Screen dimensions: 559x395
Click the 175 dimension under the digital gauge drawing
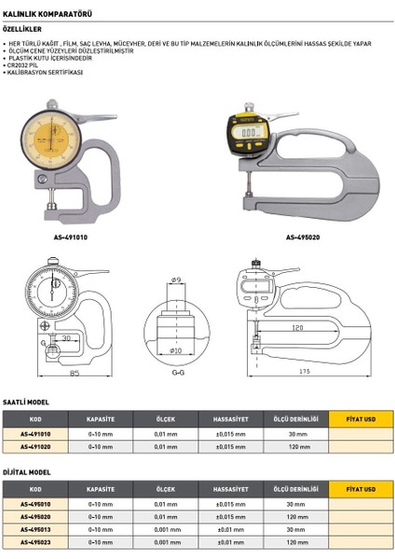pyautogui.click(x=303, y=375)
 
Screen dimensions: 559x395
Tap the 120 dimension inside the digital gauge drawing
pyautogui.click(x=296, y=330)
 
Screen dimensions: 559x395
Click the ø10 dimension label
pyautogui.click(x=176, y=351)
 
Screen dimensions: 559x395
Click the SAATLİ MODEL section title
pyautogui.click(x=26, y=403)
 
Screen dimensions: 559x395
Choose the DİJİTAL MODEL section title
pyautogui.click(x=27, y=472)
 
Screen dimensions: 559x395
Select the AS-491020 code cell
pyautogui.click(x=35, y=447)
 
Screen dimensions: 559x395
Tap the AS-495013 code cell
pyautogui.click(x=35, y=528)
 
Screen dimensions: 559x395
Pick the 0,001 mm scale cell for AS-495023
pyautogui.click(x=166, y=541)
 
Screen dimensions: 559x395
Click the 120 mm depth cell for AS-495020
pyautogui.click(x=297, y=515)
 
